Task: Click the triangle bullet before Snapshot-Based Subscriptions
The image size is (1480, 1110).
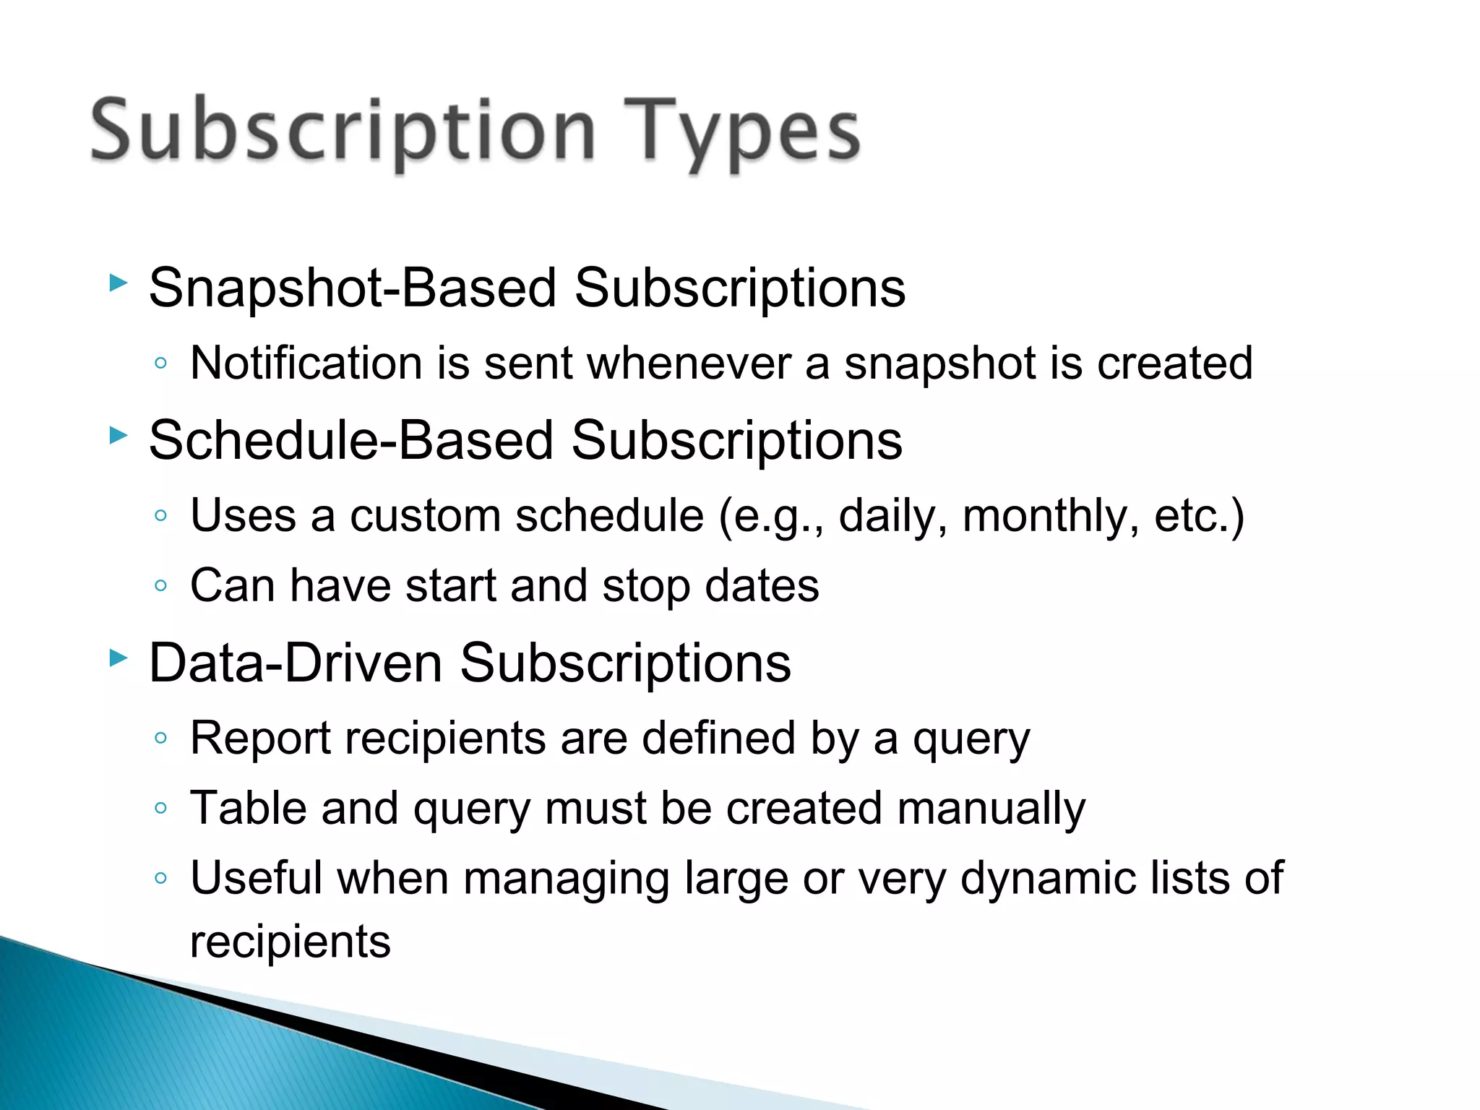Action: point(118,283)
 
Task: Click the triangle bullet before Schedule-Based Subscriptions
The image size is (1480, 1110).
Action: point(118,435)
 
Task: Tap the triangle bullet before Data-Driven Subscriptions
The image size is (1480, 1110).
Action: point(118,658)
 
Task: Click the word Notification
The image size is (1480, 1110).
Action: point(306,363)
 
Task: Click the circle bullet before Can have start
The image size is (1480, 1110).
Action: point(160,585)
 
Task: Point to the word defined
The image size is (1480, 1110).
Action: point(718,738)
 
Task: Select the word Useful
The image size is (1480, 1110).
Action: point(256,877)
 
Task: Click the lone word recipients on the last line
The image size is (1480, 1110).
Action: point(290,942)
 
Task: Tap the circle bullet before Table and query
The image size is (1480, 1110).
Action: point(160,808)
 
